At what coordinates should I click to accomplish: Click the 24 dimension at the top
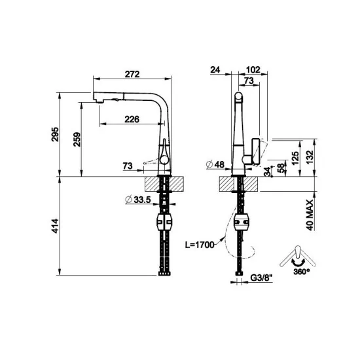point(216,69)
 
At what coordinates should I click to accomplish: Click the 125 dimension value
point(296,157)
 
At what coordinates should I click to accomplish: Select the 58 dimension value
point(282,168)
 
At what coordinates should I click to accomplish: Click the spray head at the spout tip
point(99,98)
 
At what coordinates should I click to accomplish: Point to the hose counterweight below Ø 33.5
point(164,223)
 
